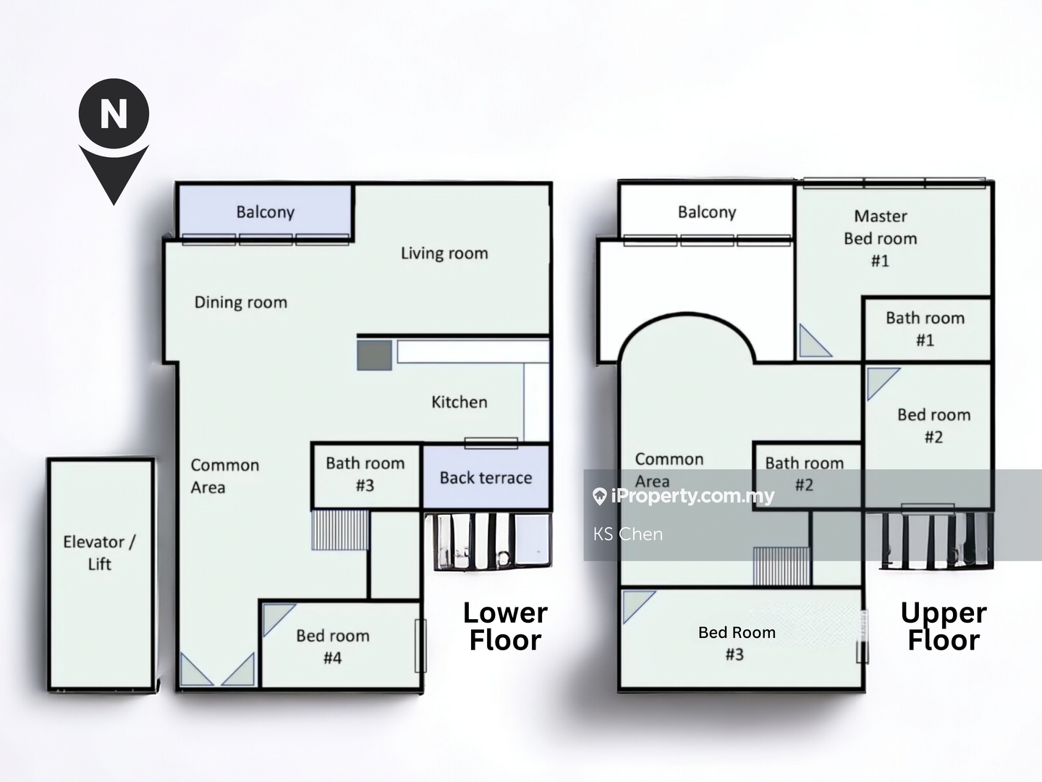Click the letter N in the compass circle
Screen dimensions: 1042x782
tap(114, 114)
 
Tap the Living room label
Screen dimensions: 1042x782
tap(444, 253)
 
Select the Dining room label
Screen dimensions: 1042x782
tap(241, 303)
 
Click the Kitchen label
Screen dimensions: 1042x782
tap(459, 402)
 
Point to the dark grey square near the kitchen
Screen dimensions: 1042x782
tap(375, 355)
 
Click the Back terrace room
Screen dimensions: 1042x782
tap(486, 476)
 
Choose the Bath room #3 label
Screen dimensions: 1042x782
tap(365, 474)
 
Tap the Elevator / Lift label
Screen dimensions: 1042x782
tap(100, 552)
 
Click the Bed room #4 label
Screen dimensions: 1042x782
tap(333, 646)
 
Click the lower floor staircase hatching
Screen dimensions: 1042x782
tap(340, 530)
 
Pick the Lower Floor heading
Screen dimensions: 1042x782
tap(505, 626)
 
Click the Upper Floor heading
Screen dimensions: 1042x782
tap(944, 626)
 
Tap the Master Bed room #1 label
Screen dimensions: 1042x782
tap(881, 238)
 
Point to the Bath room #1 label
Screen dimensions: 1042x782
tap(925, 329)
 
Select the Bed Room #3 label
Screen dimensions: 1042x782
tap(737, 643)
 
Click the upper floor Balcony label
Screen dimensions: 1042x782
tap(707, 212)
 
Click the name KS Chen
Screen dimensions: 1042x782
tap(627, 534)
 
